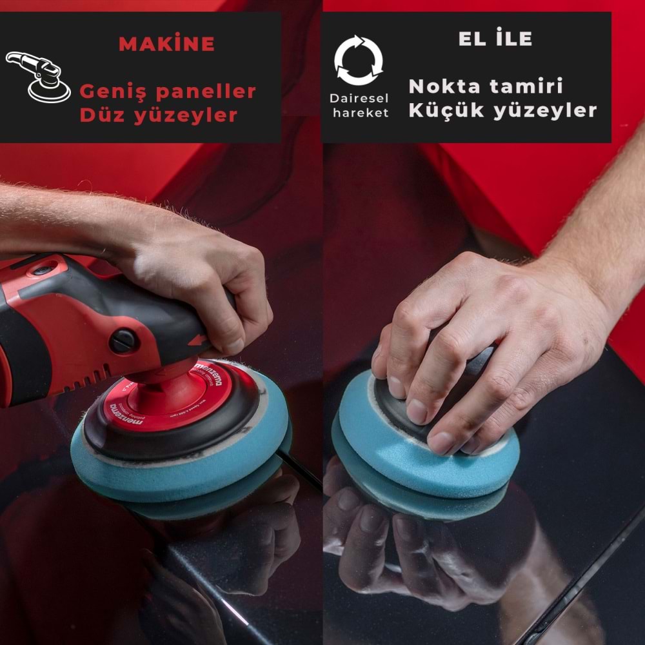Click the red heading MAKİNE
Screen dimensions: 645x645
click(x=166, y=44)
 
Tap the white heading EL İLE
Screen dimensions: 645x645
click(x=495, y=39)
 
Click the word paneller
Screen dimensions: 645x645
click(x=206, y=92)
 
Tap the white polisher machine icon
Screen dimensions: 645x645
click(x=39, y=76)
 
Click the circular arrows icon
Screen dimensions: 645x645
click(x=359, y=61)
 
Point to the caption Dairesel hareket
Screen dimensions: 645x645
click(x=359, y=106)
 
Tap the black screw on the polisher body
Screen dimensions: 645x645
click(x=123, y=341)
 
